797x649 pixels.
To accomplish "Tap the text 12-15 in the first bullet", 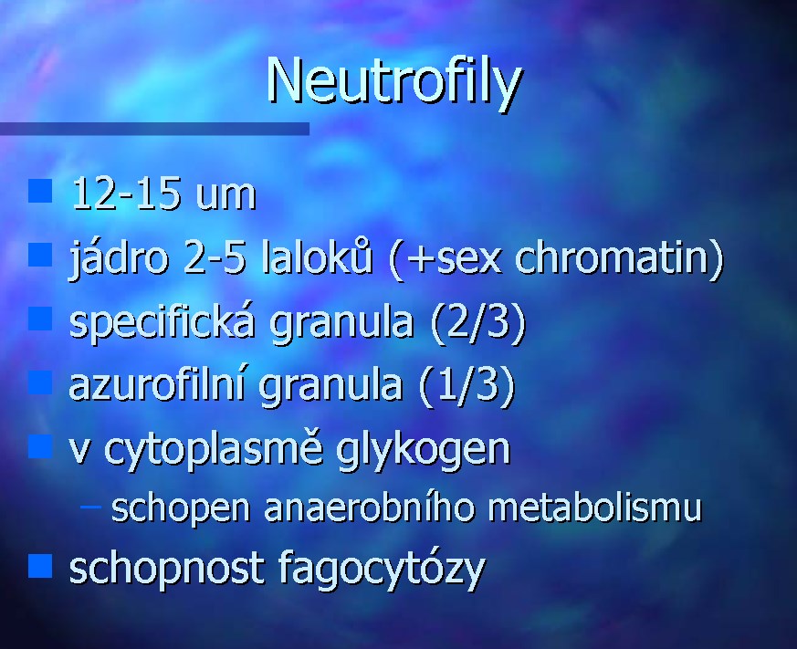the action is coord(126,194).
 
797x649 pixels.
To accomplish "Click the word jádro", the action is coord(119,258).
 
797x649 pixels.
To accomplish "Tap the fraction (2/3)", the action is coord(477,322).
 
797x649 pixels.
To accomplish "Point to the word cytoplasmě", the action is coord(214,449).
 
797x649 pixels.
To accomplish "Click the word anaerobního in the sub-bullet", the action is coord(370,507).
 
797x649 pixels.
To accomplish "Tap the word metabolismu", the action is coord(594,507).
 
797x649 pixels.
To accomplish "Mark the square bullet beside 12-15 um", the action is coord(40,191).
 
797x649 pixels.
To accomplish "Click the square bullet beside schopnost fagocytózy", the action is coord(40,566).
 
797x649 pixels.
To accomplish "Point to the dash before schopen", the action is coord(90,507).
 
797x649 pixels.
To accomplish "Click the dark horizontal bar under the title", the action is coord(154,129).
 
